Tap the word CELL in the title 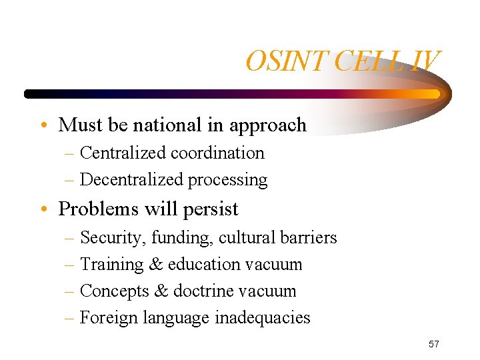pyautogui.click(x=366, y=61)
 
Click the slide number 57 pyautogui.click(x=434, y=344)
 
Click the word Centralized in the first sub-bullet pyautogui.click(x=123, y=153)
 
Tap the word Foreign pyautogui.click(x=108, y=318)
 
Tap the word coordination pyautogui.click(x=218, y=153)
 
